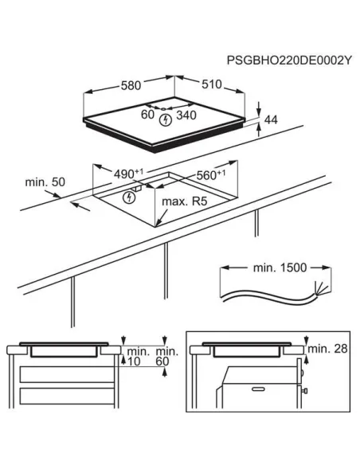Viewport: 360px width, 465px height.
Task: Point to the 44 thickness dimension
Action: coord(271,119)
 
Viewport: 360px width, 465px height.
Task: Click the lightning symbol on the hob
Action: coord(166,120)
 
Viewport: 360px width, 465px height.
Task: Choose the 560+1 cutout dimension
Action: coord(210,174)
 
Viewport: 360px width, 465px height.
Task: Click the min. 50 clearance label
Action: coord(45,182)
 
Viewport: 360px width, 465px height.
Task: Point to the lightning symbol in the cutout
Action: coord(130,197)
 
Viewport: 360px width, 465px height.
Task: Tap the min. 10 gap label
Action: coord(137,356)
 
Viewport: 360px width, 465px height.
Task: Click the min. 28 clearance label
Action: coord(326,350)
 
